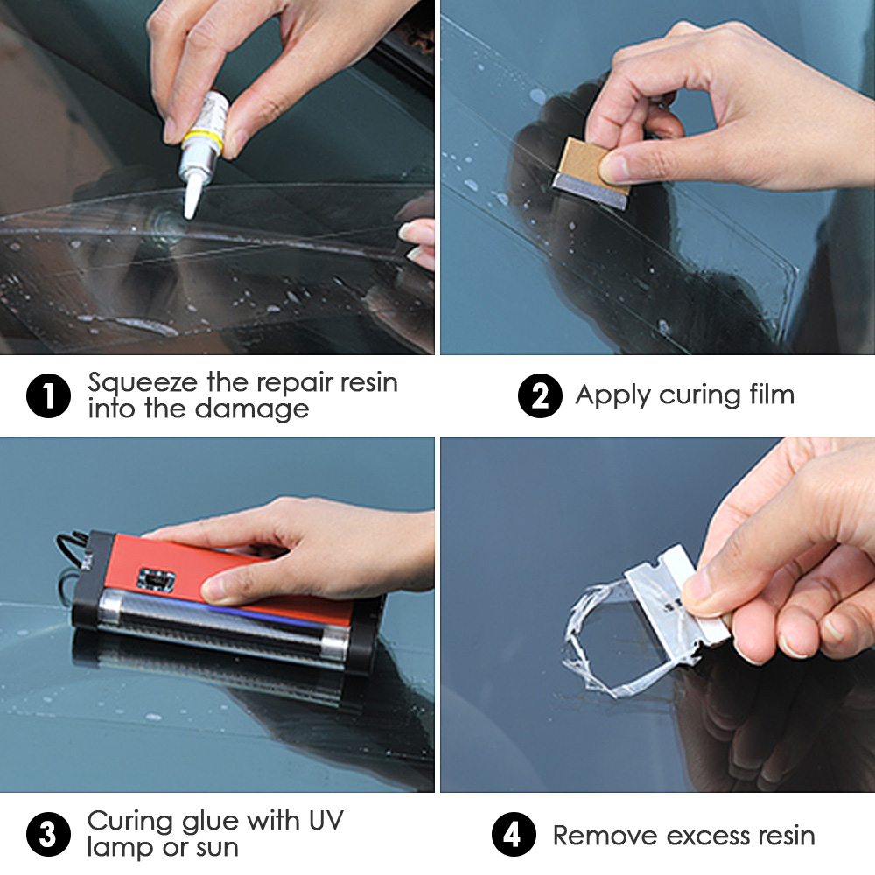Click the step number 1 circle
click(48, 396)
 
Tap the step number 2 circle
click(540, 396)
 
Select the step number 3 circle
click(48, 834)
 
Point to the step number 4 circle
click(514, 834)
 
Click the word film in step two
click(766, 395)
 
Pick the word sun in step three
click(215, 847)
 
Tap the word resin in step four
click(779, 835)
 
